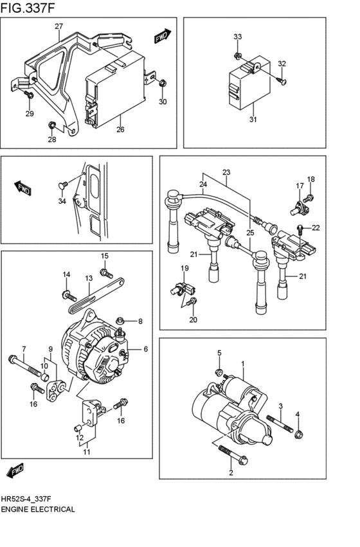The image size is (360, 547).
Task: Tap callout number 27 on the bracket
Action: click(x=59, y=26)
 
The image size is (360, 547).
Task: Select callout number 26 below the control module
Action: click(x=120, y=129)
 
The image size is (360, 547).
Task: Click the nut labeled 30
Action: click(x=163, y=83)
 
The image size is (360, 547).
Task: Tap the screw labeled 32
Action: click(x=280, y=80)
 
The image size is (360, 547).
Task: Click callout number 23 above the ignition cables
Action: click(x=226, y=172)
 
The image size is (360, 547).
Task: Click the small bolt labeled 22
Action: click(x=300, y=227)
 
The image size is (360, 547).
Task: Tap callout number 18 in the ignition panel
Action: click(x=310, y=179)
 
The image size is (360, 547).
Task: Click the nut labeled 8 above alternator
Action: click(x=127, y=321)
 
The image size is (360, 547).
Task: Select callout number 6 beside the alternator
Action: click(x=145, y=349)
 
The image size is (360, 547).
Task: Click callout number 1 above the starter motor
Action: click(x=243, y=364)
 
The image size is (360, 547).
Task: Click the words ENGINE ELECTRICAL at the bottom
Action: click(x=39, y=508)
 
